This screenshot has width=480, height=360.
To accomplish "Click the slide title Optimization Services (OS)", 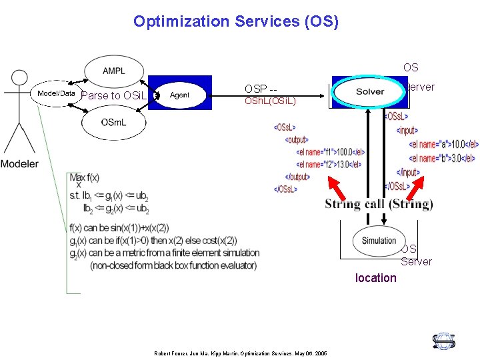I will [x=236, y=21].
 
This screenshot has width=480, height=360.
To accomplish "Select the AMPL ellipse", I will [x=113, y=71].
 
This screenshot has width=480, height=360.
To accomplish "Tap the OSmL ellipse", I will [x=111, y=122].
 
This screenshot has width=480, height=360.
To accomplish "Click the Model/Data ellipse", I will [x=56, y=94].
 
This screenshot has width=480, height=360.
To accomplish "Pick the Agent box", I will [x=179, y=95].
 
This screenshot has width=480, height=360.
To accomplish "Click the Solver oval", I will [x=369, y=92].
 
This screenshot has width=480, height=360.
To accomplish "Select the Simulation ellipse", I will [x=379, y=241].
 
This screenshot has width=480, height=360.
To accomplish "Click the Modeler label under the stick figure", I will [x=19, y=164].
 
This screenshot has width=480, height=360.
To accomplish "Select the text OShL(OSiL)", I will [x=269, y=101].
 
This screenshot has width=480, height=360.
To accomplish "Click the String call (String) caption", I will [x=379, y=204].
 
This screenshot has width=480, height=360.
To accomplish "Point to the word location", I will [x=375, y=278].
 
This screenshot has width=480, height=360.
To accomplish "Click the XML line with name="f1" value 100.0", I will [x=331, y=152].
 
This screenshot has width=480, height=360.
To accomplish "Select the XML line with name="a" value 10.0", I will [x=443, y=144].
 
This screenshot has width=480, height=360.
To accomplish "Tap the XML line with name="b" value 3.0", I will [x=441, y=159].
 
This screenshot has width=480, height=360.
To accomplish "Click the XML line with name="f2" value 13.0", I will [x=329, y=164].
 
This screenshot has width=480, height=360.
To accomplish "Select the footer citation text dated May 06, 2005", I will [x=239, y=353].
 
